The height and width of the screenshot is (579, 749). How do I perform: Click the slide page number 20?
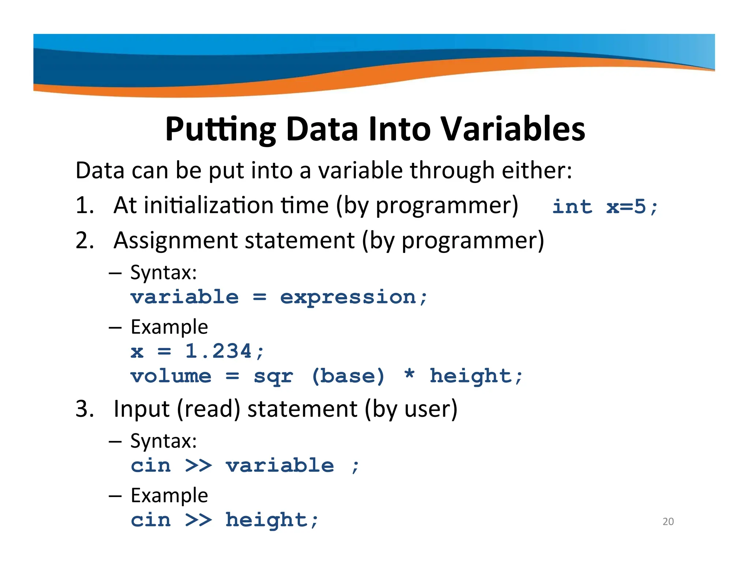[x=668, y=521]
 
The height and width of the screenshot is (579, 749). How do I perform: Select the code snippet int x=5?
[x=605, y=207]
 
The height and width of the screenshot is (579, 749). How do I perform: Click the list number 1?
[x=84, y=205]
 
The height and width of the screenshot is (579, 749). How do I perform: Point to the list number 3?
[x=84, y=409]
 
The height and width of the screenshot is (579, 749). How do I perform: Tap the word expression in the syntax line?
[x=348, y=297]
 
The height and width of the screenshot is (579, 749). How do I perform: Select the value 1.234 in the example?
[x=218, y=351]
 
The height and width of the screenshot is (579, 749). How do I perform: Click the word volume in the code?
[x=171, y=376]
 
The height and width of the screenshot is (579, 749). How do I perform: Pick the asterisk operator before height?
[x=409, y=375]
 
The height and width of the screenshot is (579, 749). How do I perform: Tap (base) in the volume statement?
[x=348, y=376]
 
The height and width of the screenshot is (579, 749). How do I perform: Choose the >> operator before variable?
[x=198, y=466]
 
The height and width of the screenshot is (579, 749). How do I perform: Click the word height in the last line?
[x=266, y=520]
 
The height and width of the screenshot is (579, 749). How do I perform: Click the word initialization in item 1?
[x=208, y=205]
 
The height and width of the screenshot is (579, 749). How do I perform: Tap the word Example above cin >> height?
[x=169, y=496]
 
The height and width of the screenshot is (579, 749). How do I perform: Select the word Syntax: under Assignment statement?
[x=163, y=273]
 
